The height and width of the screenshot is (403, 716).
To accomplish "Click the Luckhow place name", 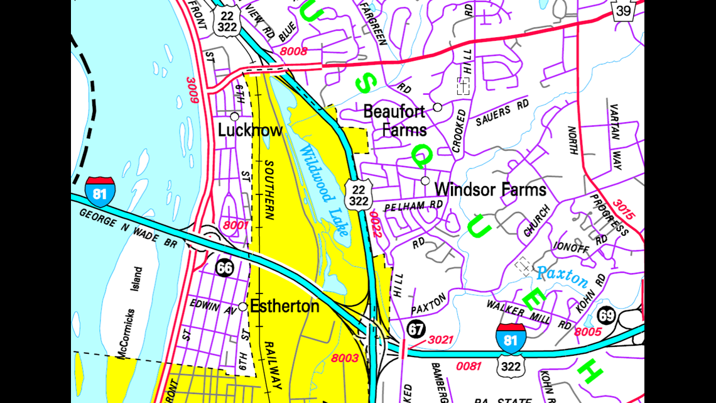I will click(250, 130).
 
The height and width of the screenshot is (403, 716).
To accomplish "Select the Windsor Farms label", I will click(490, 189).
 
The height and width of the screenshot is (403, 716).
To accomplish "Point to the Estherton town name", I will click(285, 307).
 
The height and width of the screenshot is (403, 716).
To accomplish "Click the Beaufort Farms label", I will click(395, 121).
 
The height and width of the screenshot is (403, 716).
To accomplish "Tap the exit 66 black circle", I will click(225, 268).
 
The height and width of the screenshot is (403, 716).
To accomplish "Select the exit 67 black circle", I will click(416, 329).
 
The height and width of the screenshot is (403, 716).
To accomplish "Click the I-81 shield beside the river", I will click(100, 192).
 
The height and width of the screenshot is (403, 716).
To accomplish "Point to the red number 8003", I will click(345, 358).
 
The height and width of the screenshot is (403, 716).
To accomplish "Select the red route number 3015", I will click(624, 210).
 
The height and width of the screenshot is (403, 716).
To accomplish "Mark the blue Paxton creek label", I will click(562, 277).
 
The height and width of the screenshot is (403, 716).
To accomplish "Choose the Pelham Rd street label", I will click(414, 206).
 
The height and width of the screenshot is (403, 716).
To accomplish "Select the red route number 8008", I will click(294, 52).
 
